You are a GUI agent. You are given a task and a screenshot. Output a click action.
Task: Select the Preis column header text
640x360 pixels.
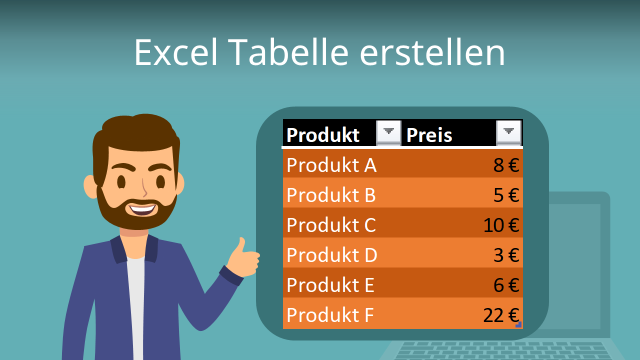click(x=429, y=135)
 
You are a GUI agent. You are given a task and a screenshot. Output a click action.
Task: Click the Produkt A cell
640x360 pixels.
click(x=331, y=165)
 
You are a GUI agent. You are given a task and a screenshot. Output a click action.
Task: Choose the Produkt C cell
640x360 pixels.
click(x=331, y=225)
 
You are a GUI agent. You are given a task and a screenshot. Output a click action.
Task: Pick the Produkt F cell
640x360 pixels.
click(x=330, y=315)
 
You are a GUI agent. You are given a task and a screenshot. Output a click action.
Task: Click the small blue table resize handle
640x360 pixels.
click(x=519, y=325)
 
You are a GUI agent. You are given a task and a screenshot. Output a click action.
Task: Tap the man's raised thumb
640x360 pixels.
click(x=242, y=246)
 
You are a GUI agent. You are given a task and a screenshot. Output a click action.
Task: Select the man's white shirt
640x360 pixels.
click(x=135, y=305)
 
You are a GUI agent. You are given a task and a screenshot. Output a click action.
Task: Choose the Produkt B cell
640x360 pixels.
click(x=331, y=195)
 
